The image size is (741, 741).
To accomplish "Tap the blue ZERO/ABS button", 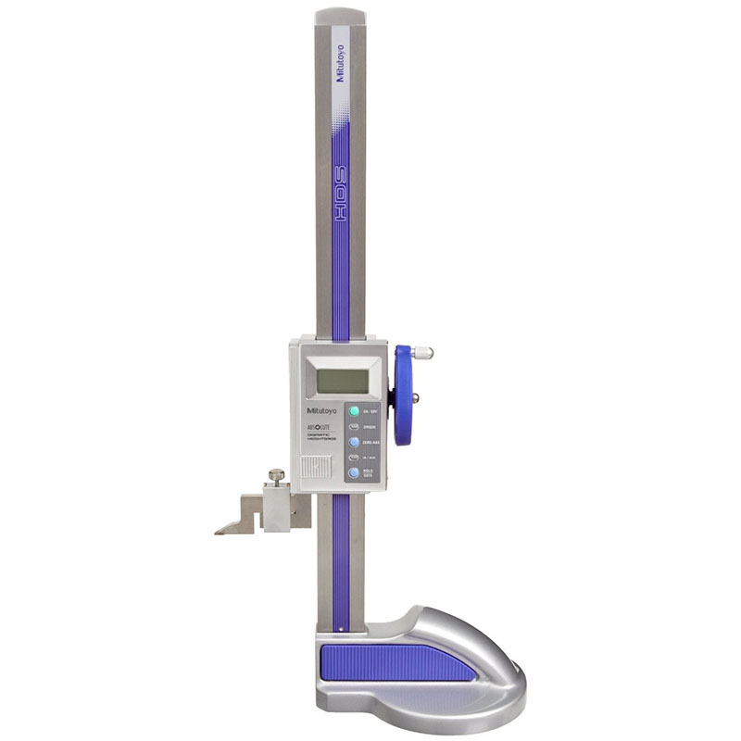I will pos(354,442).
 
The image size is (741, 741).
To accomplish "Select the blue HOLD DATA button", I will pos(354,473).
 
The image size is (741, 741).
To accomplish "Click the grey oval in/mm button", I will pos(354,458).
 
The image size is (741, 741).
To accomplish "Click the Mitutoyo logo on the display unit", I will pos(317,409).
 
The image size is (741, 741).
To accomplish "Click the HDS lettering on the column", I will pos(340,218).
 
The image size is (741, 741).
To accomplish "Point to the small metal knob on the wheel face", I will pos(414,398).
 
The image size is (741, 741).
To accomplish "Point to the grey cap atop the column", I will pos(339,17).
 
